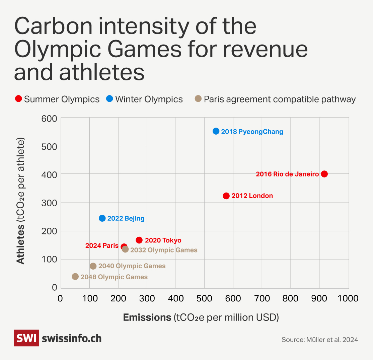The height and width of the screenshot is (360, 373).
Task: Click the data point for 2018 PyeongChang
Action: point(216,131)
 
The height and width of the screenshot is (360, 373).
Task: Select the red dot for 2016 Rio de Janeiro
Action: point(324,174)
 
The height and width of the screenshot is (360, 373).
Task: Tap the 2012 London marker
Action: point(226,196)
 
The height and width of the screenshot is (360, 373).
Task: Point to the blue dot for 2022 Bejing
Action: point(102,218)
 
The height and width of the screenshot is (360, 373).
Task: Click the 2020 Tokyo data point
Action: point(139,240)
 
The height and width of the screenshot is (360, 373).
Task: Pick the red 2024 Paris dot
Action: point(124,246)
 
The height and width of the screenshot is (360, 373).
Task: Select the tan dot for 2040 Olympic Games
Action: point(93,266)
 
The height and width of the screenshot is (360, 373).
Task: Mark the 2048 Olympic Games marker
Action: point(75,277)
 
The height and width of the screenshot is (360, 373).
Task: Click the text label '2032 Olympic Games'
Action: point(163,250)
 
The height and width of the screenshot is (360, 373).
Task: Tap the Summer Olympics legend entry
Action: point(58,99)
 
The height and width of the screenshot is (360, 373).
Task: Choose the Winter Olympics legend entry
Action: point(145,99)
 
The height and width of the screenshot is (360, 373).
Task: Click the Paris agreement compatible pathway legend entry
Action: point(275,99)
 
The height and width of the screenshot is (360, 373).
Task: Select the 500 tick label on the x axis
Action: point(204,298)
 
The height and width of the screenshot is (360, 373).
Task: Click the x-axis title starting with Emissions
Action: point(201,317)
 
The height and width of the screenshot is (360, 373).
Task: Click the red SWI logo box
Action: point(26,338)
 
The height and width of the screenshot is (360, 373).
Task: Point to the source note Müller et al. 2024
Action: point(319,340)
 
